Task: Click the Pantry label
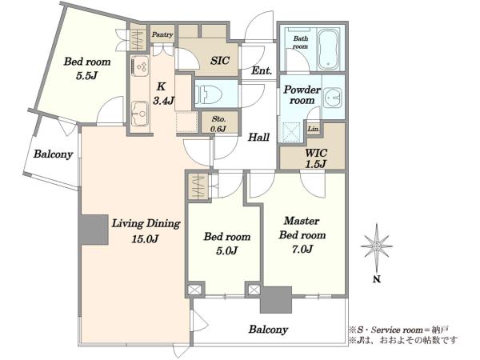[x=162, y=34]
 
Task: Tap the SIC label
[x=219, y=60]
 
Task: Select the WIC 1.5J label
[x=316, y=158]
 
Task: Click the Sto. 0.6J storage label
[x=218, y=124]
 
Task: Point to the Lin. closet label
[x=314, y=129]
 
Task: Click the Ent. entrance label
[x=262, y=71]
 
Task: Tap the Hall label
[x=258, y=137]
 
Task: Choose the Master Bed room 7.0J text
[x=302, y=234]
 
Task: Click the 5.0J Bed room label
[x=227, y=243]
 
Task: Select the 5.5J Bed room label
[x=87, y=68]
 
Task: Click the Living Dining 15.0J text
[x=146, y=230]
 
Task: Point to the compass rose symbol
[x=377, y=246]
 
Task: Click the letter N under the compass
[x=377, y=279]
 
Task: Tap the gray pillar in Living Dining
[x=94, y=230]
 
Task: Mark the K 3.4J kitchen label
[x=163, y=94]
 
